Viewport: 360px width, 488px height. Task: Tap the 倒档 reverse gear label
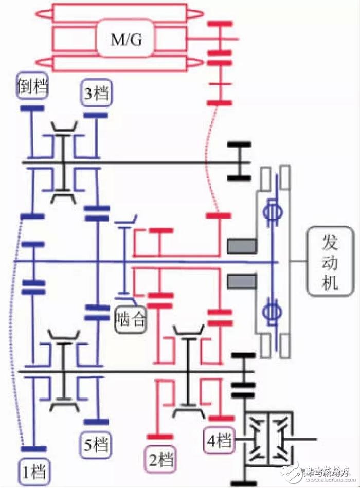32,86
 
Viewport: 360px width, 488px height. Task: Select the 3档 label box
95,93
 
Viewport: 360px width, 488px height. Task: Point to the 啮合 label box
130,319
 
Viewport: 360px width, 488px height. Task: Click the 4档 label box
219,440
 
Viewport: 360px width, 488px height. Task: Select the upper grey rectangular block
242,246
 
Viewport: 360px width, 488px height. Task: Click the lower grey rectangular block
242,281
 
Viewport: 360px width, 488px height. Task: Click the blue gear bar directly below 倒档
32,108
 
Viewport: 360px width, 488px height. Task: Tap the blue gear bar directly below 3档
96,115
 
